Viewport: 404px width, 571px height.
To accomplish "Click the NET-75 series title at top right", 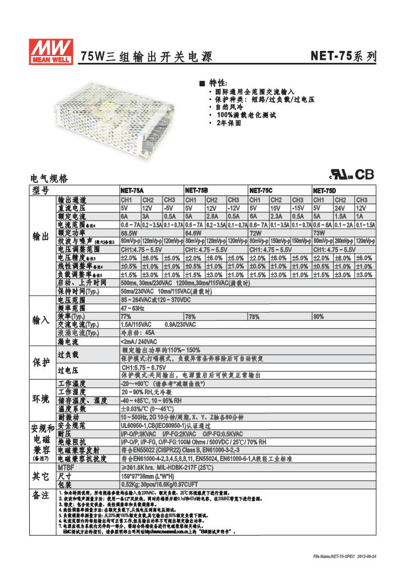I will pyautogui.click(x=343, y=57).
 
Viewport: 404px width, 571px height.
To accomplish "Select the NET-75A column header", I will pyautogui.click(x=132, y=190).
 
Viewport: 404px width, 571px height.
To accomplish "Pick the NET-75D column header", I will pyautogui.click(x=324, y=190).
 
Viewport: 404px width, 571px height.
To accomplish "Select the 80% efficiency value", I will pyautogui.click(x=319, y=316).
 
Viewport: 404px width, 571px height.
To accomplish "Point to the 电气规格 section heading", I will pyautogui.click(x=49, y=178).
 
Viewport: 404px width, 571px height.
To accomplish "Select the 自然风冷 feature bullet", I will pyautogui.click(x=228, y=107).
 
